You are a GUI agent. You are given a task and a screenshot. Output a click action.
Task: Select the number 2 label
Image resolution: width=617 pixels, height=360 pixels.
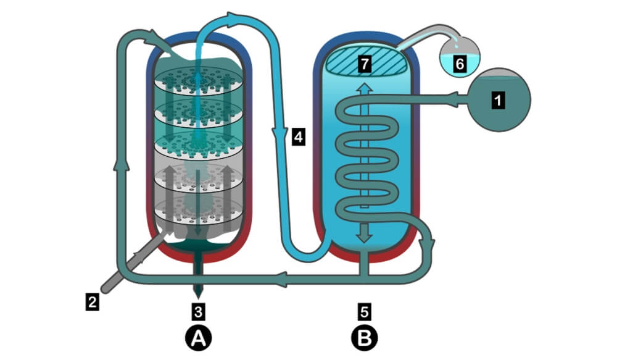click(x=91, y=302)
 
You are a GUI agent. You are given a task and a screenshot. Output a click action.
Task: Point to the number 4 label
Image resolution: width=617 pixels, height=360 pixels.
click(x=298, y=136)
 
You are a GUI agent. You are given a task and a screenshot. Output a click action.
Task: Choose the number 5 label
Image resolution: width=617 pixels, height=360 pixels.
click(x=364, y=307)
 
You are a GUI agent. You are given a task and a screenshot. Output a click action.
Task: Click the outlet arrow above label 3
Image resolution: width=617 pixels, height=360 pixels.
click(x=197, y=287)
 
